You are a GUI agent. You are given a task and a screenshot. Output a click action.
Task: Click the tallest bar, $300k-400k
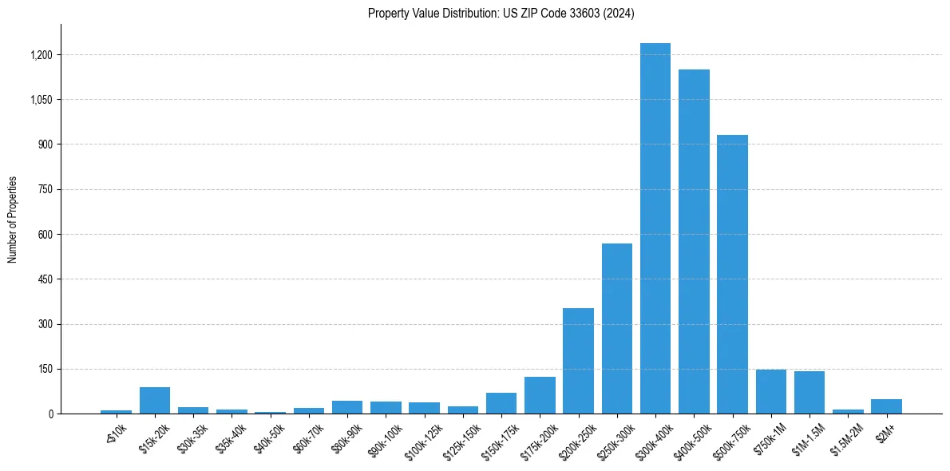click(x=655, y=228)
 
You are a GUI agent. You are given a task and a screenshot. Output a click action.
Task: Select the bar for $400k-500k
click(x=694, y=241)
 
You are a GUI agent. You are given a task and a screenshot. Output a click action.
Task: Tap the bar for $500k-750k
click(x=732, y=274)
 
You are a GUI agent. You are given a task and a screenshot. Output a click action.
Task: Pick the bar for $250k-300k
click(x=617, y=328)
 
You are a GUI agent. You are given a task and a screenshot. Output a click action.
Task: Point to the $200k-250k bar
click(x=578, y=361)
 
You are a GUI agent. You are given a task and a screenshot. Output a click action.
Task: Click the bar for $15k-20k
click(x=155, y=401)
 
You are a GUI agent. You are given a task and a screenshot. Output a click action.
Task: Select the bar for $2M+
click(x=886, y=406)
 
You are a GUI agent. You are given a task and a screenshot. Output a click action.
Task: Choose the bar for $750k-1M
click(x=771, y=392)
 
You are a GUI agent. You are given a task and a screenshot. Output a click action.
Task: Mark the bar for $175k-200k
click(x=540, y=395)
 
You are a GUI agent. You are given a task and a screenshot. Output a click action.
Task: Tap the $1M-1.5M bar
click(x=809, y=393)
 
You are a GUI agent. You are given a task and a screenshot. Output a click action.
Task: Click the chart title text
click(x=501, y=14)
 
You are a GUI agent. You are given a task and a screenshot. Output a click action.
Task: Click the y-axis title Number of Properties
click(x=13, y=220)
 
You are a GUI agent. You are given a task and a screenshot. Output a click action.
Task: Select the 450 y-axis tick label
click(x=46, y=279)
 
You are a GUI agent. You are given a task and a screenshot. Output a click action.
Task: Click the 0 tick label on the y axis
click(x=50, y=414)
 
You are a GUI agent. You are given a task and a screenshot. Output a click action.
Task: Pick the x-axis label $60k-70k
click(x=308, y=437)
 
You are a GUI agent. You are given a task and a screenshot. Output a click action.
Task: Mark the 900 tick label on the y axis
click(x=46, y=144)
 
